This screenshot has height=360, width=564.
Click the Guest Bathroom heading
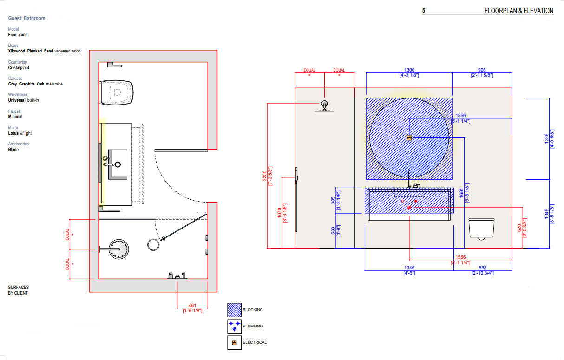[x=26, y=18]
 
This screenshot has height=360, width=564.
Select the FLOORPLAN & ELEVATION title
[x=518, y=11]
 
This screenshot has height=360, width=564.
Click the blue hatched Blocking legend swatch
[x=234, y=310]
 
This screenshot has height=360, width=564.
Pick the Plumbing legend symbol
[x=234, y=326]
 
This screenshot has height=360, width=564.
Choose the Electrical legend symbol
[x=234, y=343]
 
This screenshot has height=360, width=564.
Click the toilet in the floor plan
[x=117, y=92]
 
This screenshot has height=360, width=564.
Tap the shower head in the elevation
[x=324, y=106]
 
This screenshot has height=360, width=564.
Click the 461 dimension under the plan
[x=192, y=305]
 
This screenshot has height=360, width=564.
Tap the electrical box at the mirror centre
[x=409, y=137]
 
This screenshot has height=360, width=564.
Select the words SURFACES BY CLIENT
[x=18, y=290]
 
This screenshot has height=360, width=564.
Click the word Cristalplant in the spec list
[x=18, y=68]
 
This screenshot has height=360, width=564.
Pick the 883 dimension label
[x=482, y=268]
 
